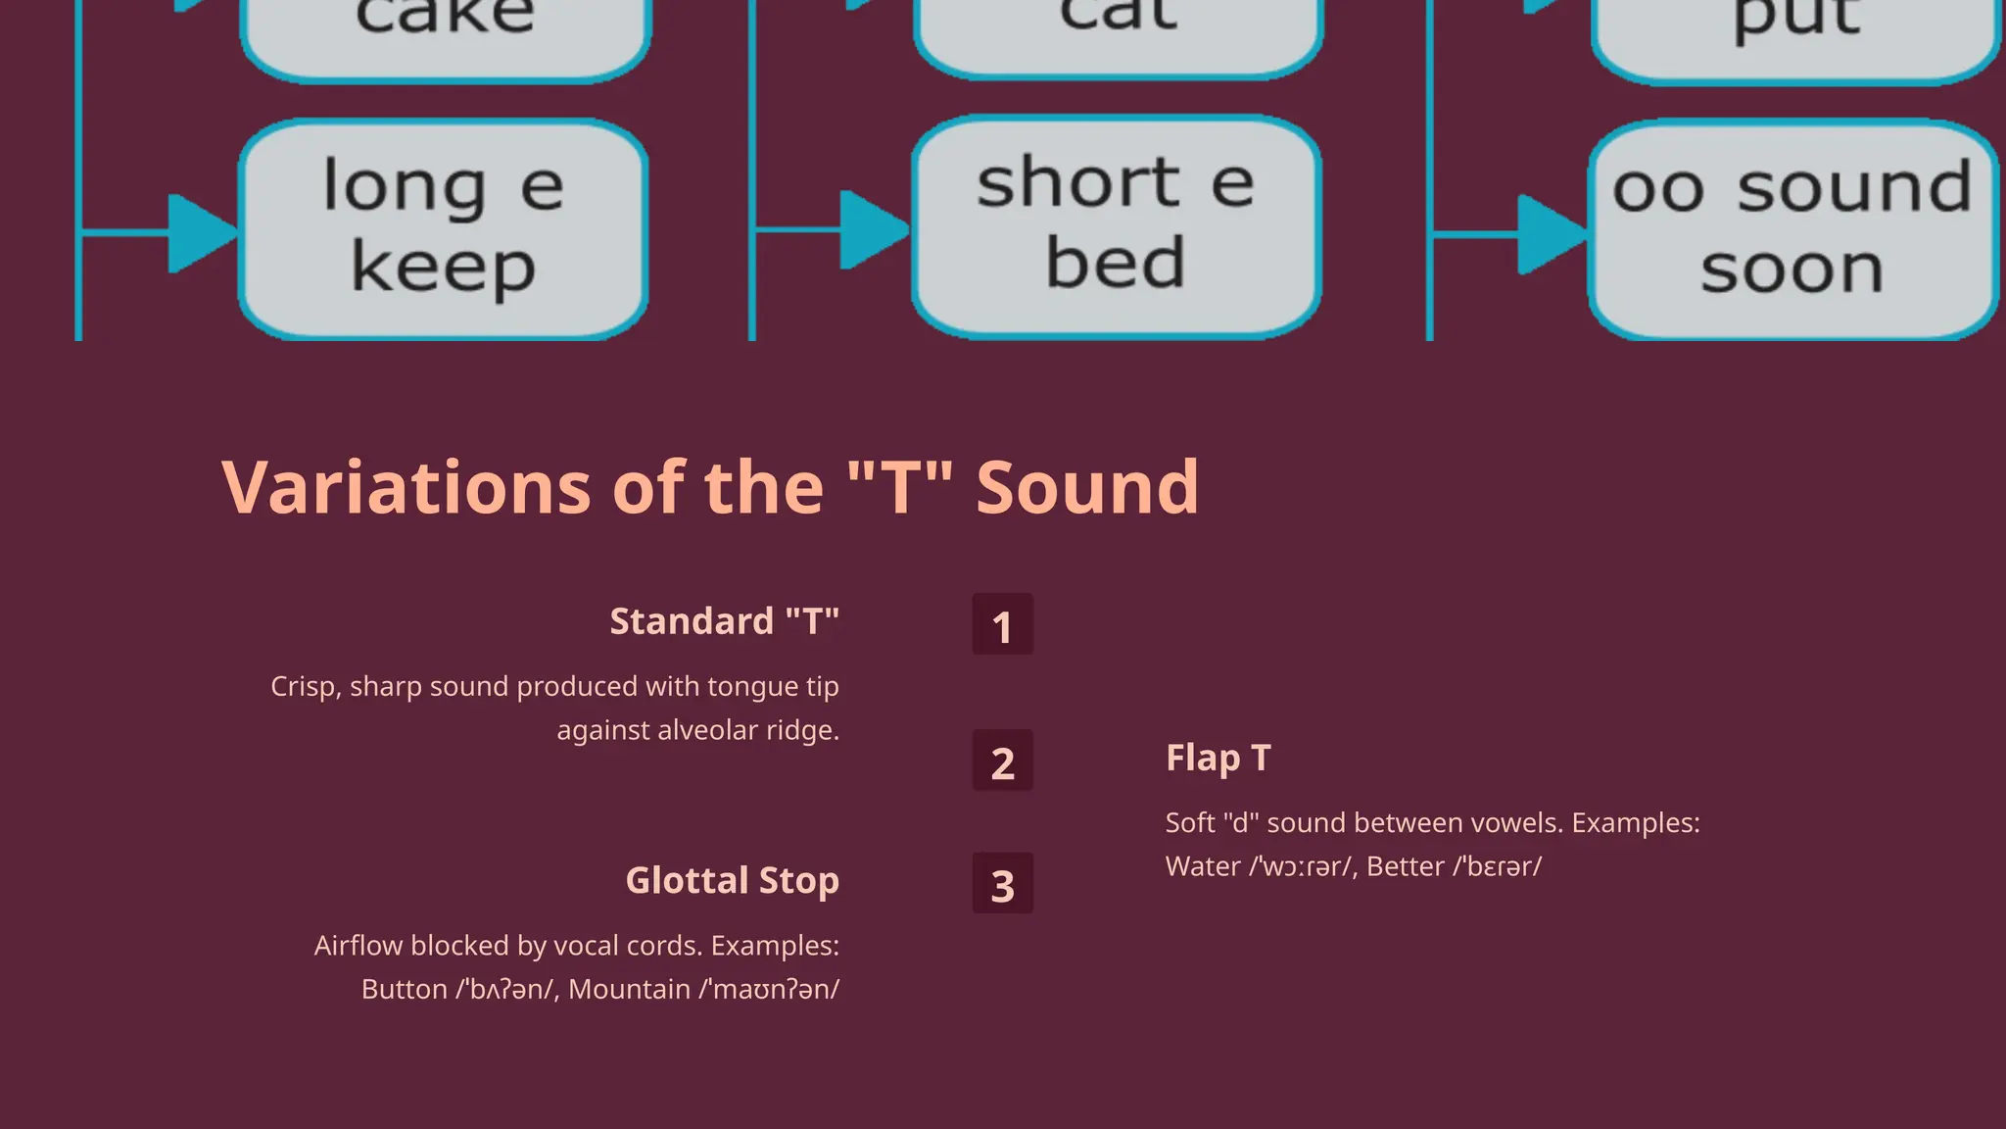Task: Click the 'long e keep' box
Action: click(444, 230)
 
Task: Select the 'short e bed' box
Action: click(1117, 227)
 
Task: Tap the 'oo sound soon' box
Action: click(1792, 231)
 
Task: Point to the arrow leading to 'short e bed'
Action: click(874, 230)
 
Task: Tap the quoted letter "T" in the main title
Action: click(899, 487)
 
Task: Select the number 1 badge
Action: click(1002, 624)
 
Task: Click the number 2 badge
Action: click(1002, 761)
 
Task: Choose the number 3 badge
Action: click(1002, 883)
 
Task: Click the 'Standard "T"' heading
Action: click(724, 621)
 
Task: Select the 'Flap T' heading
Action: click(1218, 758)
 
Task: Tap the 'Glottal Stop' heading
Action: click(732, 880)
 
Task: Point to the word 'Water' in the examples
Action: click(1202, 866)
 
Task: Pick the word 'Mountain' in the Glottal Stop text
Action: click(629, 989)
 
